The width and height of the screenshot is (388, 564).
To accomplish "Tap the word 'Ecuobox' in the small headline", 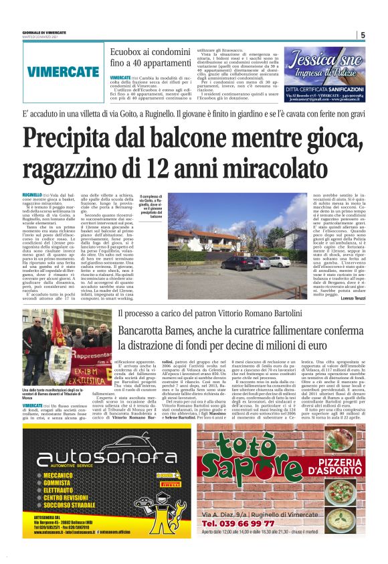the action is point(126,52).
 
